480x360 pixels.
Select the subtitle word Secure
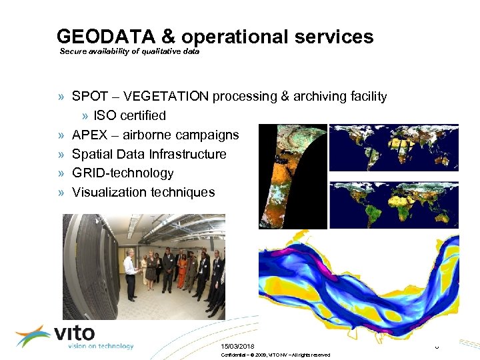click(x=73, y=51)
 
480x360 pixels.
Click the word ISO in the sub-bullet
click(x=105, y=115)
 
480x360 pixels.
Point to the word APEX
click(x=89, y=135)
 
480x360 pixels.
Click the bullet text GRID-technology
click(x=123, y=173)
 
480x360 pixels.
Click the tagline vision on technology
click(x=100, y=346)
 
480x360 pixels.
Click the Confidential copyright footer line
click(x=275, y=355)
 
